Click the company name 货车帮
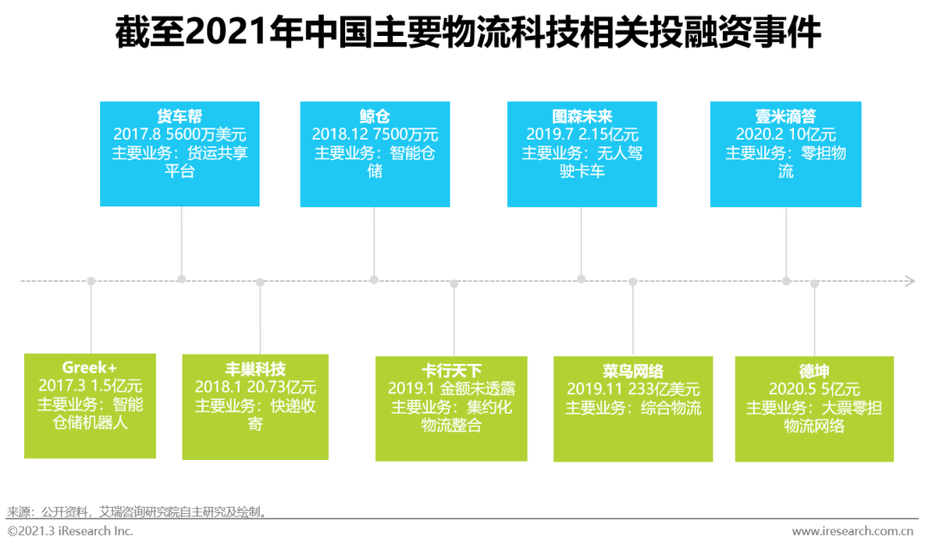(180, 116)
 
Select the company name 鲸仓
(374, 116)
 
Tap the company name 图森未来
(582, 116)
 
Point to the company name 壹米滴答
(785, 116)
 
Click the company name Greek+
(90, 367)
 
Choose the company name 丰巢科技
(255, 369)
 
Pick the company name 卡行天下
(451, 371)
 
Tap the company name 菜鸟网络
(633, 371)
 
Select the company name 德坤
(815, 371)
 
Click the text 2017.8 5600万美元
(180, 134)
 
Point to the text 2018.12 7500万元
(374, 134)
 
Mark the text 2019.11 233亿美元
(633, 389)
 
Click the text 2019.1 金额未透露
(451, 389)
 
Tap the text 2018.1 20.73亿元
(255, 387)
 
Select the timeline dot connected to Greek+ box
(91, 281)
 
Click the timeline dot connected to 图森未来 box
(582, 279)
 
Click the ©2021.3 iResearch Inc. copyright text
(70, 531)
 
